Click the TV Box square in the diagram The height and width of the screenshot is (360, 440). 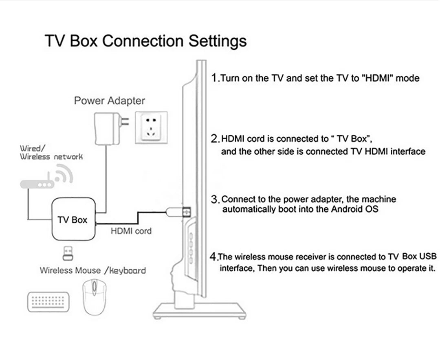[x=73, y=220]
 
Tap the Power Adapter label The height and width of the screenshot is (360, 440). [x=109, y=101]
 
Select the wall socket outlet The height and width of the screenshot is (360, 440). [x=151, y=126]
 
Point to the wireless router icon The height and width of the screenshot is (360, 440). [x=37, y=184]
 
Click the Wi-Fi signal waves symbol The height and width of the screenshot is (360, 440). [x=64, y=174]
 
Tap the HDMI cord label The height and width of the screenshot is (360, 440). [x=131, y=231]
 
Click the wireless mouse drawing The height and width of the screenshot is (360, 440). [x=94, y=296]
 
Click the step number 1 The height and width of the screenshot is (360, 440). [x=215, y=78]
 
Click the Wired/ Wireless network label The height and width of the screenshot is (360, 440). [x=51, y=153]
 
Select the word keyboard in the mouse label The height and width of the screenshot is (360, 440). [x=127, y=270]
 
